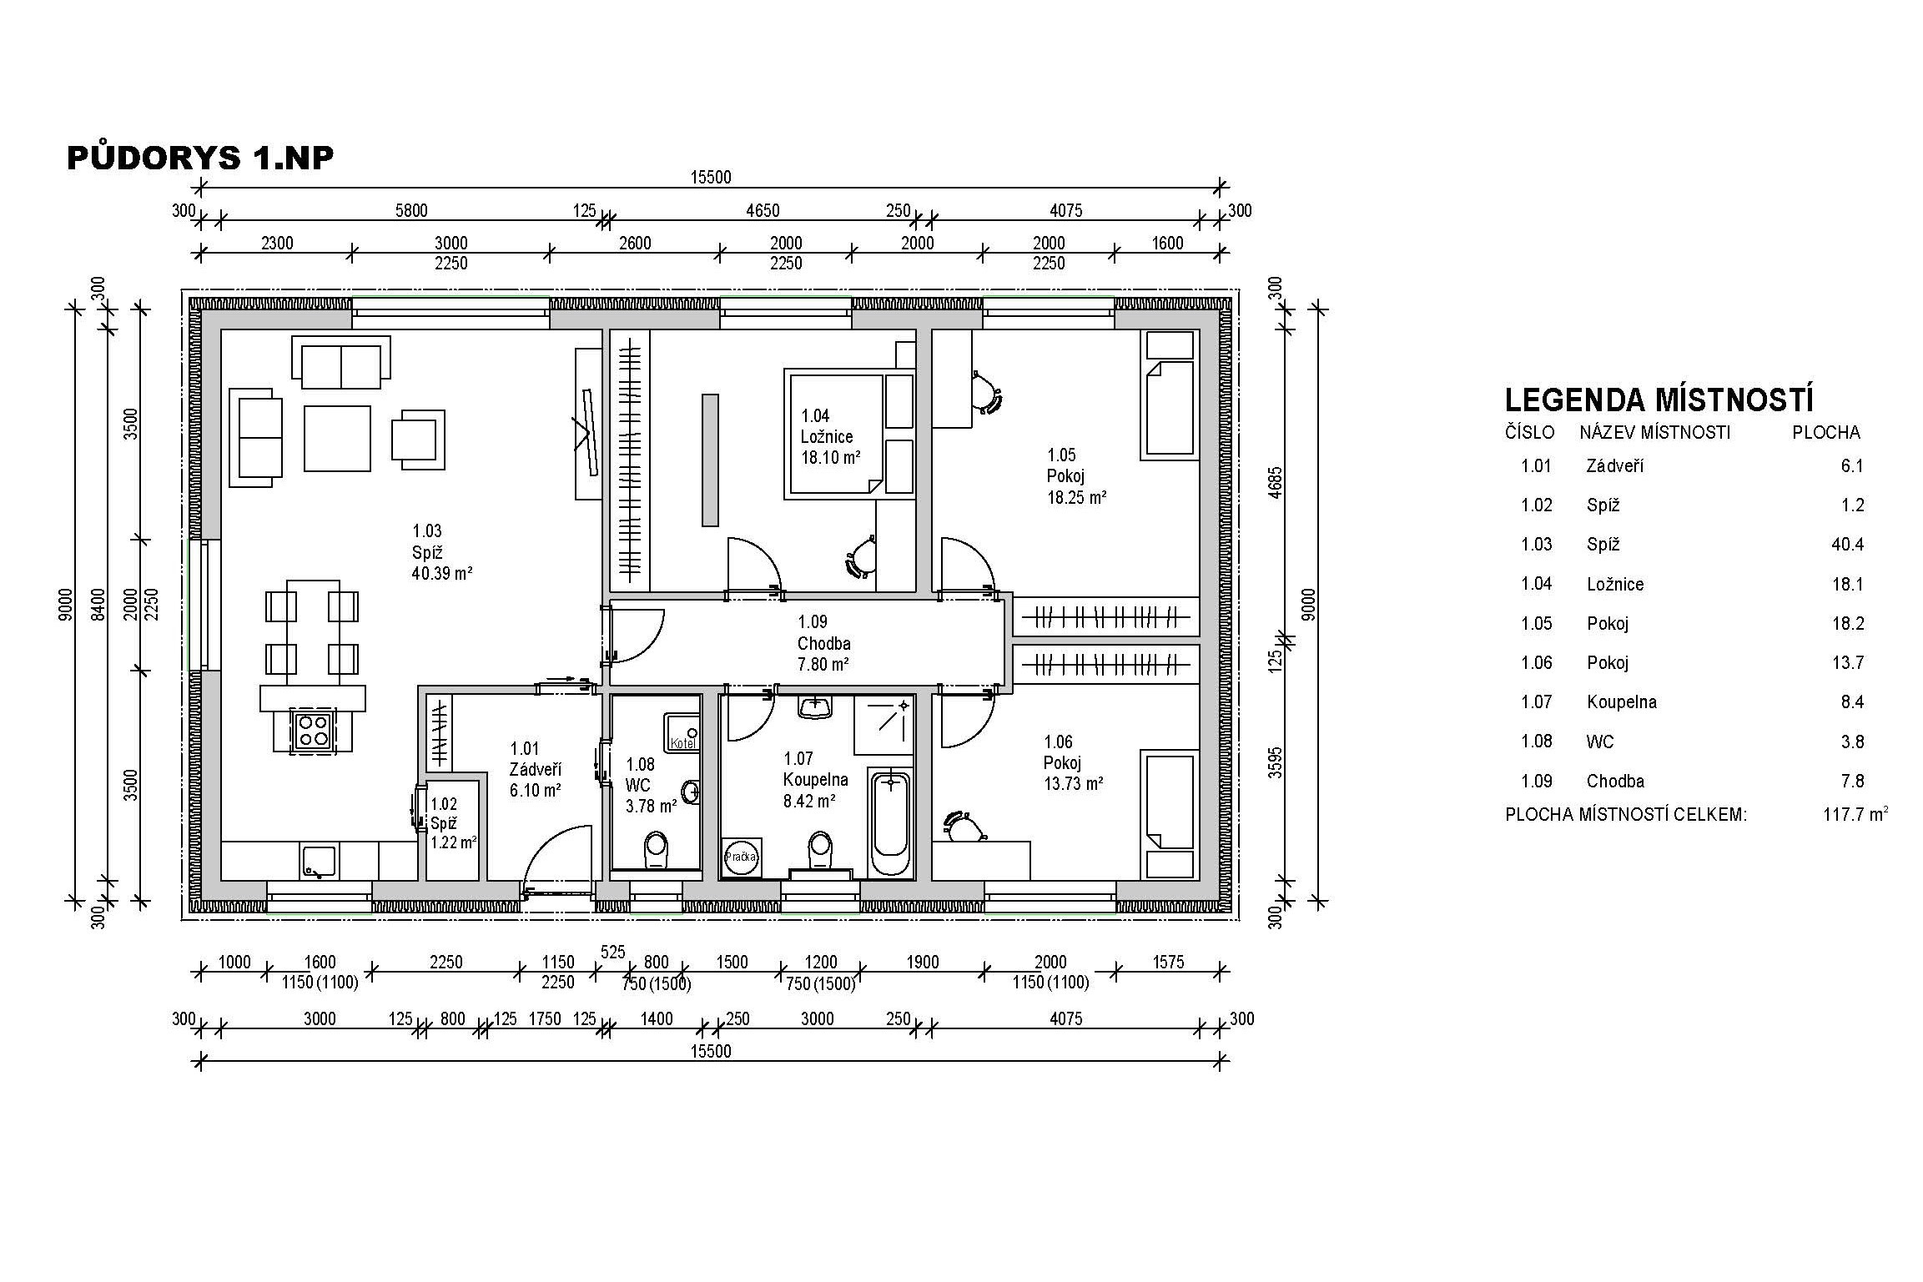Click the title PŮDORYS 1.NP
(200, 157)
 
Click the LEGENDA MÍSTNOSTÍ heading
(1659, 400)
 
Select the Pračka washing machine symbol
(741, 857)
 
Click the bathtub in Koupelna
(891, 823)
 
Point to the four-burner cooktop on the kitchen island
(314, 731)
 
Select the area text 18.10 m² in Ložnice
(831, 457)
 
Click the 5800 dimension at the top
(411, 210)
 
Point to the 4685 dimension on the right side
(1274, 482)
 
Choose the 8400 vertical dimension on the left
(99, 606)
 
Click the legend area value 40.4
(1847, 545)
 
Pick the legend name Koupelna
(1622, 702)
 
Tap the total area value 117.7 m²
(1855, 813)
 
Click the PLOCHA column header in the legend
(1826, 432)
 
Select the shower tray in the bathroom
(883, 725)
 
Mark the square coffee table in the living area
(337, 438)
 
